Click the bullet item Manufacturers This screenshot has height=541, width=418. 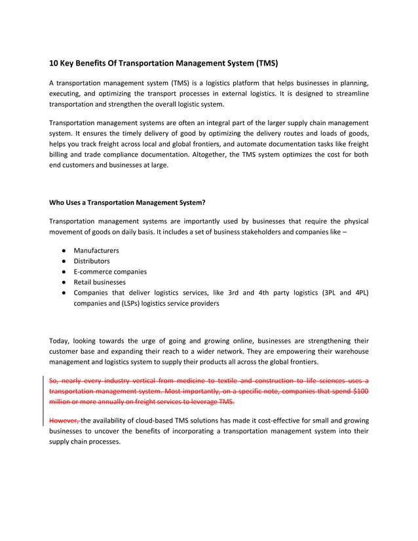point(96,251)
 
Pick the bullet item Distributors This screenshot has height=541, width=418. point(91,261)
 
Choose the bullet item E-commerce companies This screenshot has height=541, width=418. point(110,271)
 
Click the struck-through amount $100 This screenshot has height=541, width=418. point(360,391)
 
